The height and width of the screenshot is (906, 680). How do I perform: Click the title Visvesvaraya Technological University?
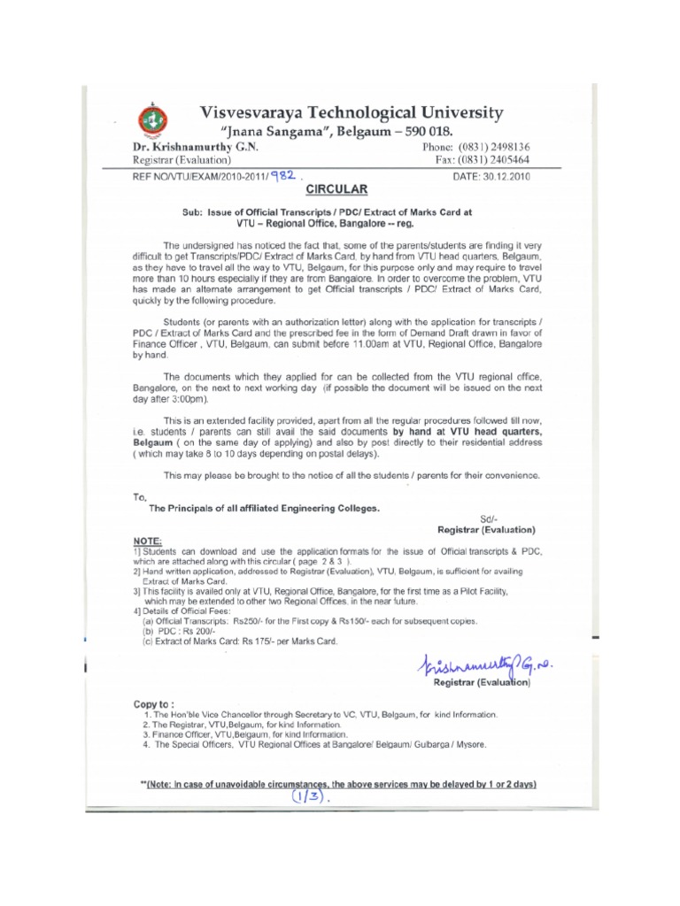352,112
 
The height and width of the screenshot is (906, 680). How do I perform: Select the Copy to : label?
154,704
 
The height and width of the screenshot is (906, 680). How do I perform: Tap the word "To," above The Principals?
139,497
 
